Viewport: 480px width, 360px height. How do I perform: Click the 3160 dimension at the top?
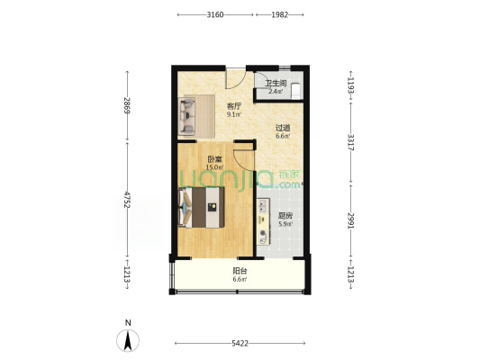point(215,14)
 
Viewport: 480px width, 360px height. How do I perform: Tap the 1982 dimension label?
point(280,14)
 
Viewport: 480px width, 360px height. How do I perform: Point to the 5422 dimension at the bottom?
point(240,344)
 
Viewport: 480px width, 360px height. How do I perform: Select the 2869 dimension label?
point(127,105)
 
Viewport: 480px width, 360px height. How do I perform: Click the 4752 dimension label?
point(127,200)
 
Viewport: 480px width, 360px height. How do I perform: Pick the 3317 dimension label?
point(351,142)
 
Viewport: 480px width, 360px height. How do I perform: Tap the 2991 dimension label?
point(351,221)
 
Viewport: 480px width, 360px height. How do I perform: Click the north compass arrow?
point(128,340)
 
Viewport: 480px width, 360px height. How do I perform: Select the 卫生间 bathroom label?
point(276,83)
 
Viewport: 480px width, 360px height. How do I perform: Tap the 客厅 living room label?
point(234,106)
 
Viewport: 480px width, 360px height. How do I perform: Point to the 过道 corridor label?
point(283,128)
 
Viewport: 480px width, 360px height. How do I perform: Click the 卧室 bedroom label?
point(215,159)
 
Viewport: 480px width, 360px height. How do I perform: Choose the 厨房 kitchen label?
point(285,216)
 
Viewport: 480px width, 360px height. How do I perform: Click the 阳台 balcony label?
point(240,271)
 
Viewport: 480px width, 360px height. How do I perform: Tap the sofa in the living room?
point(187,116)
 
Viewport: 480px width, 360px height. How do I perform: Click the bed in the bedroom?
point(201,207)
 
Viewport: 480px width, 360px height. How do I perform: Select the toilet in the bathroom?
point(296,91)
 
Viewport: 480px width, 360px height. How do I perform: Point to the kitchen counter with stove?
point(263,221)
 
